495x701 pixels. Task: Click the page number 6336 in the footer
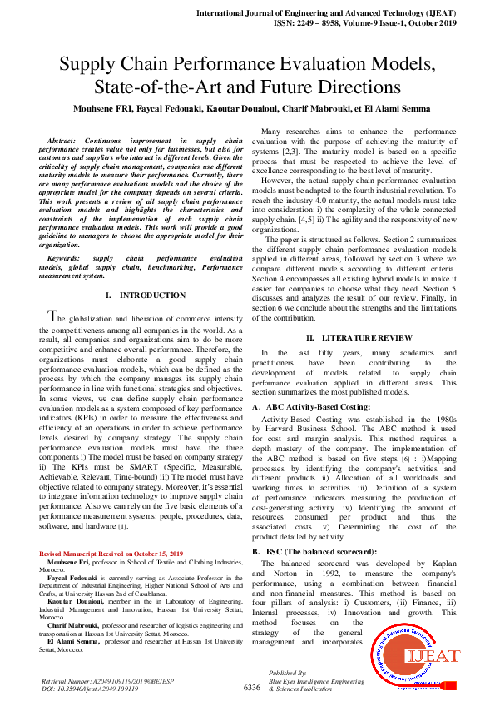click(x=252, y=688)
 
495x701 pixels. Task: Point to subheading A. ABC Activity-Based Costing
click(x=312, y=406)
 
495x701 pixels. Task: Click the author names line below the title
click(x=247, y=108)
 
